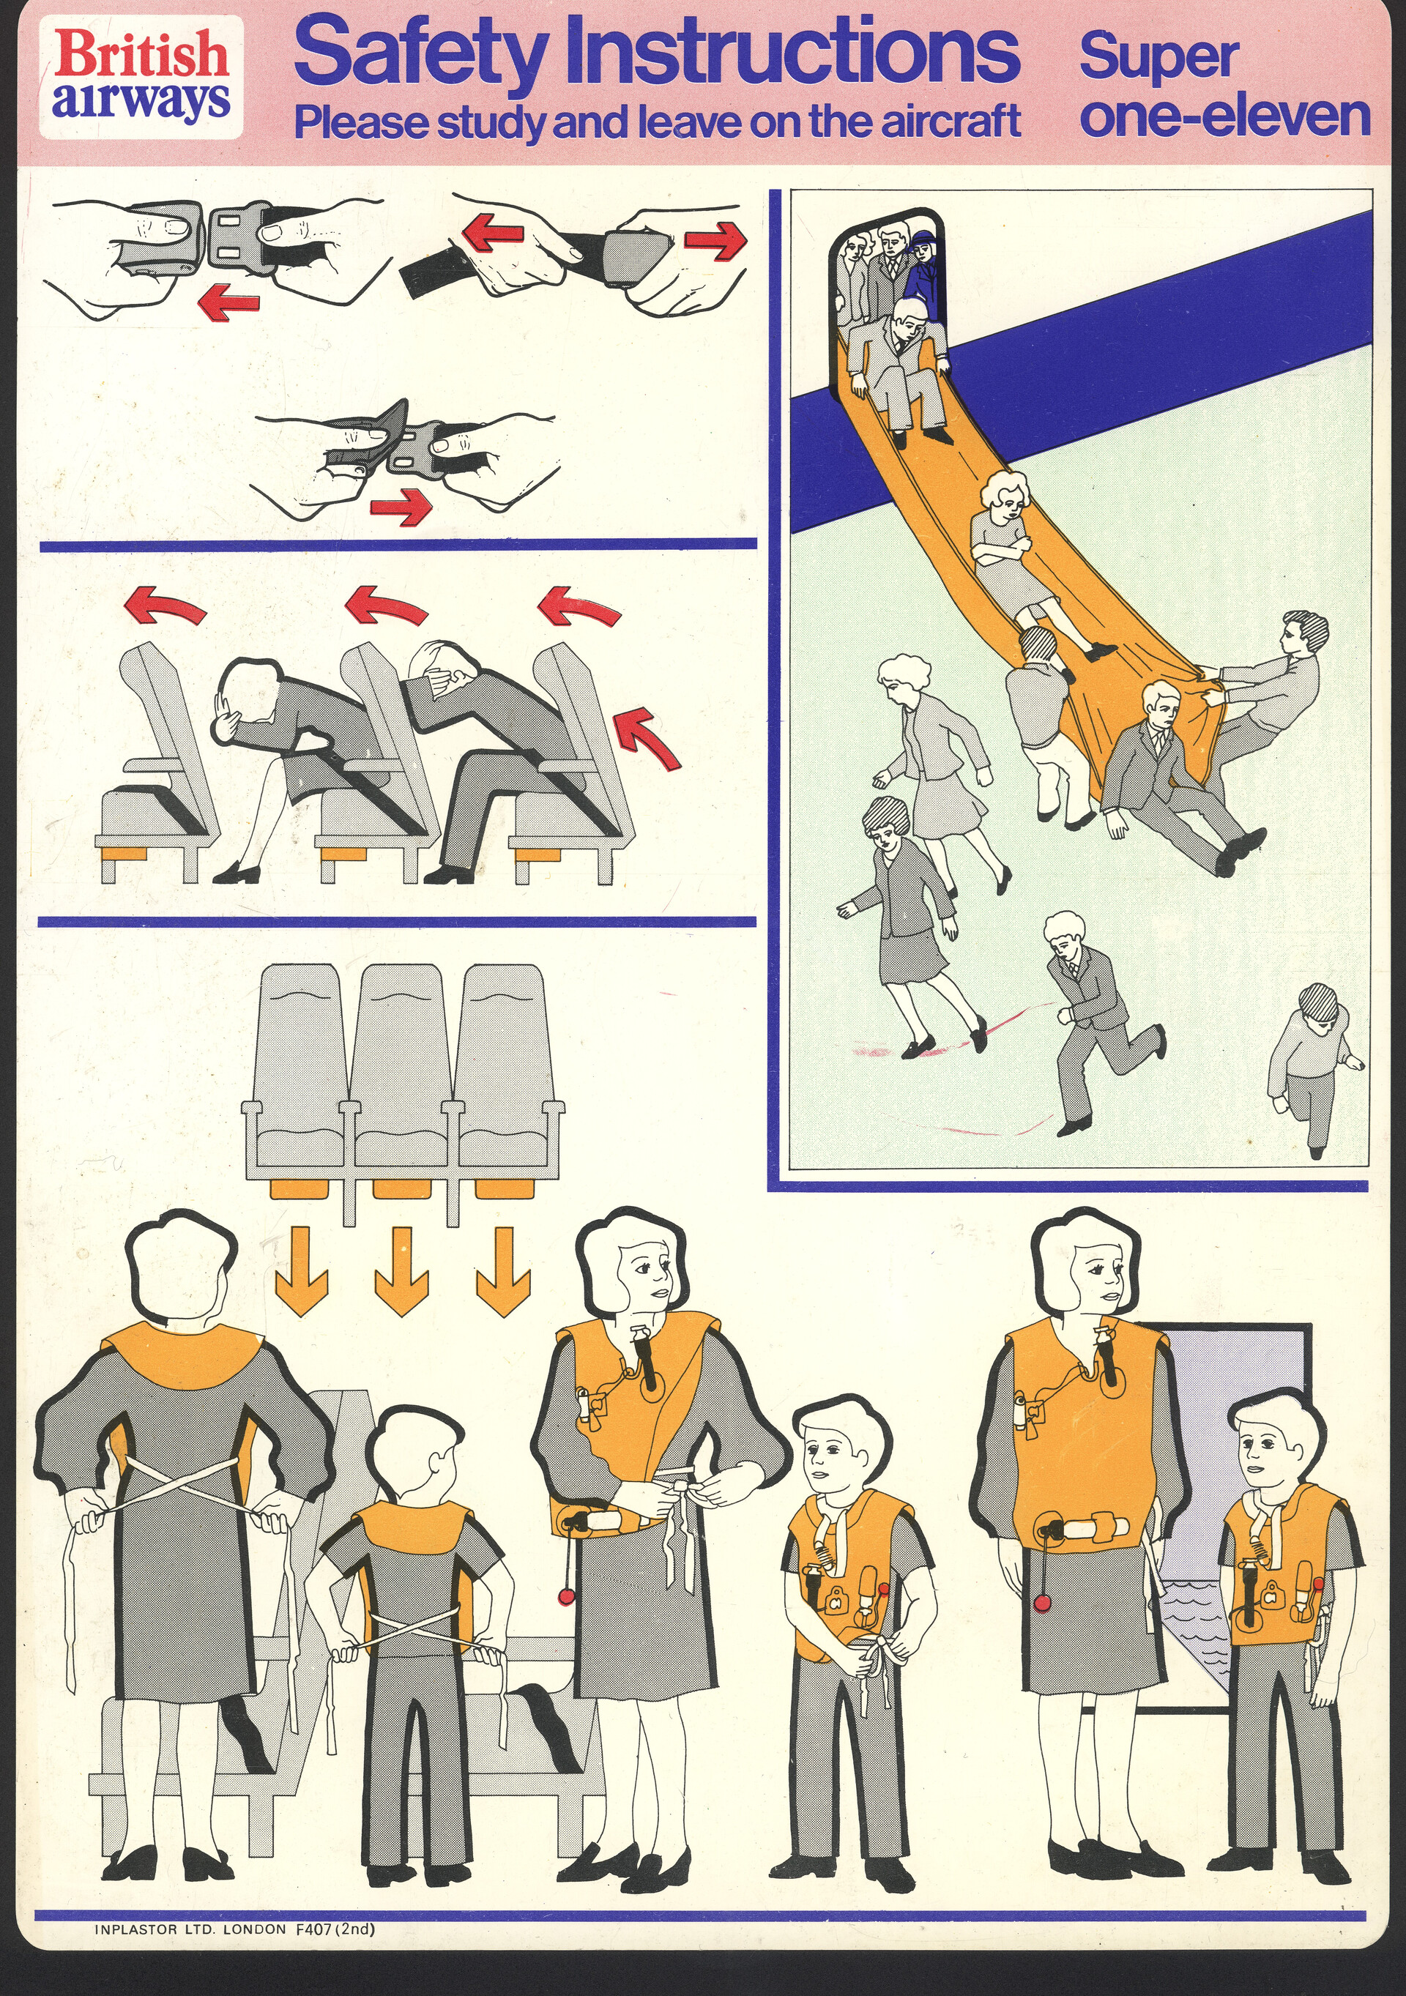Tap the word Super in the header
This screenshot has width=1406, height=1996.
tap(1158, 57)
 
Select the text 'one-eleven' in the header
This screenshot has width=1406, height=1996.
tap(1224, 117)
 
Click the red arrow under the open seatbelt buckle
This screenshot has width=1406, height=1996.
tap(228, 301)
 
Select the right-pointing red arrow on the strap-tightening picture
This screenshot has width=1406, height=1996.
tap(715, 239)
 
